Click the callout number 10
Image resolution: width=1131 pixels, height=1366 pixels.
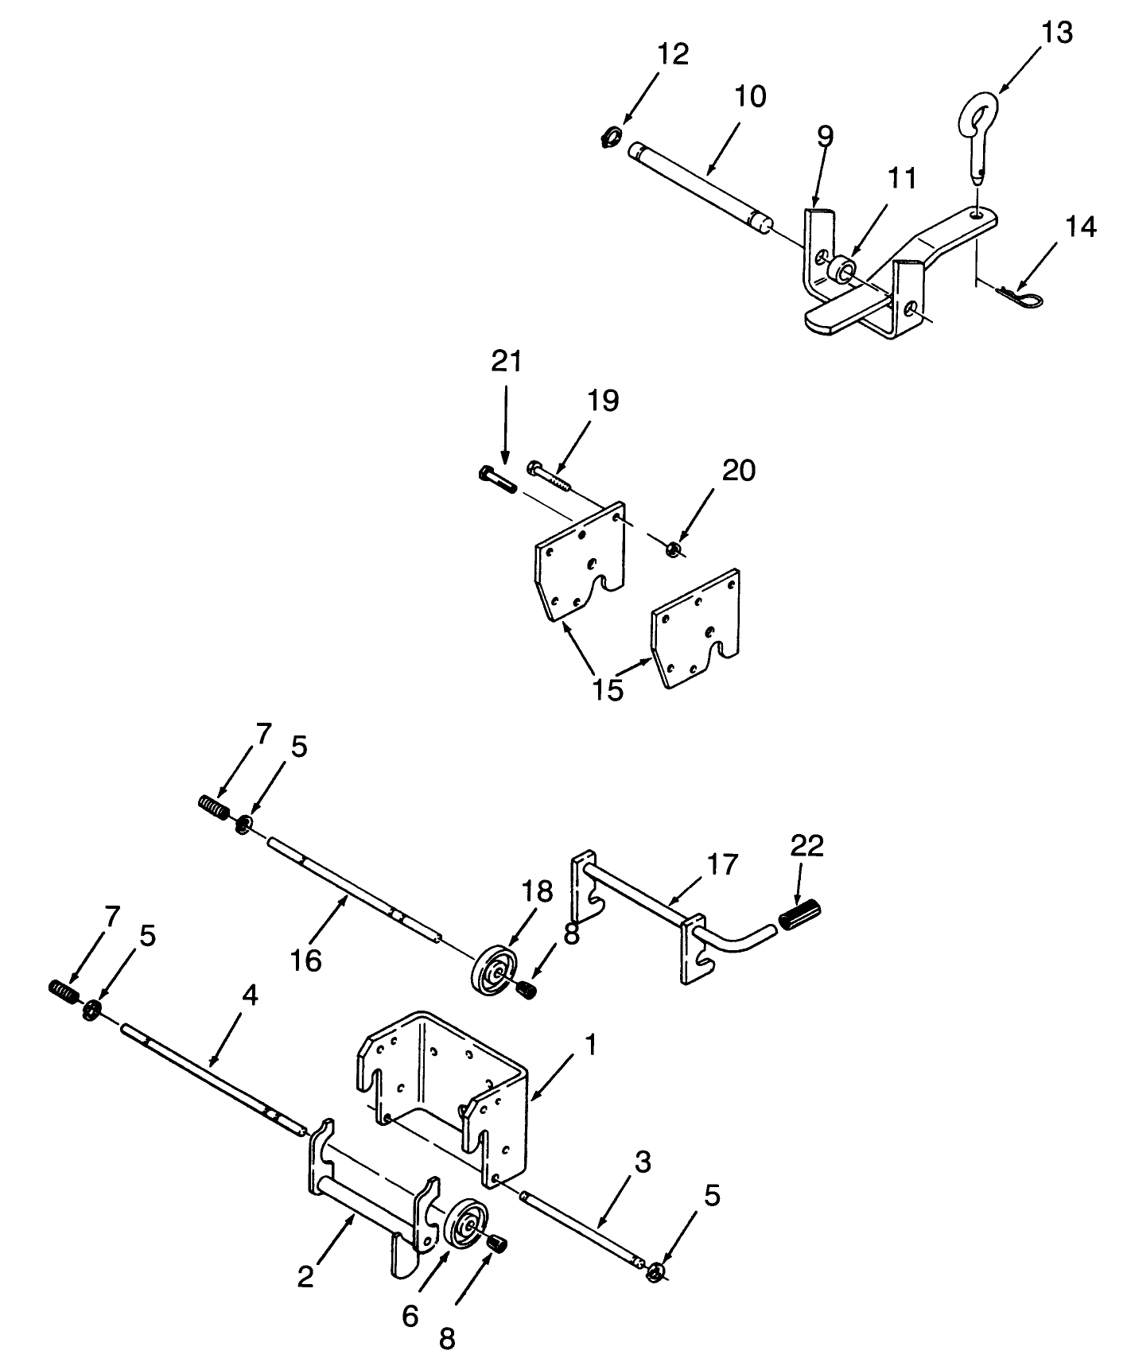748,96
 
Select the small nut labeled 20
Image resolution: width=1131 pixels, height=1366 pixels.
673,549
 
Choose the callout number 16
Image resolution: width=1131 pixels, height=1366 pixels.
306,960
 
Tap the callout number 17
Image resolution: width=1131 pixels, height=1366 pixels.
722,863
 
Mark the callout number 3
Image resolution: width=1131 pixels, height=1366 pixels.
643,1162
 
